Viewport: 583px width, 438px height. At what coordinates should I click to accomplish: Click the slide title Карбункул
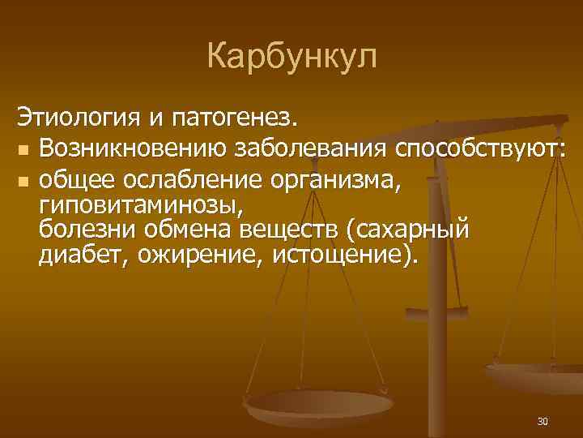(291, 57)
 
